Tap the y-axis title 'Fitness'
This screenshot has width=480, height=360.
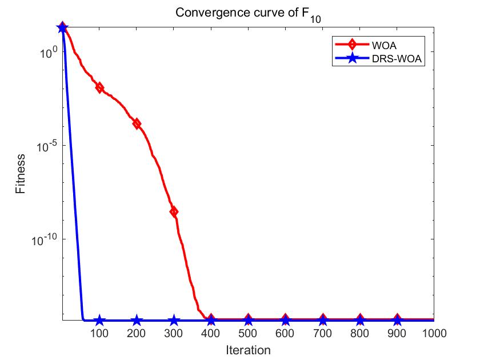click(x=21, y=173)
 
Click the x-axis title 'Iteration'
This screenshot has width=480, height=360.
click(x=247, y=349)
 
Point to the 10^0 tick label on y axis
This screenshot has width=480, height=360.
click(x=45, y=53)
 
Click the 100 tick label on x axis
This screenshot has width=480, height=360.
click(x=99, y=333)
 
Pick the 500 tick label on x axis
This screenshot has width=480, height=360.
click(x=248, y=333)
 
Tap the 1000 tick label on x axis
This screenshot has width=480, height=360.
click(x=433, y=333)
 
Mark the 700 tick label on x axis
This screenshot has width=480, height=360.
click(x=322, y=333)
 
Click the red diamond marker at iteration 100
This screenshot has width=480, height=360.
click(x=99, y=87)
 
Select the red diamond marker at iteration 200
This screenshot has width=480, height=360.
click(x=137, y=123)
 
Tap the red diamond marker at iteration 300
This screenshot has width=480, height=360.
click(x=174, y=211)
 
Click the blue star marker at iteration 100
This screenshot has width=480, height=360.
click(x=99, y=321)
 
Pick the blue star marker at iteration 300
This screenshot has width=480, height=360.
click(x=174, y=321)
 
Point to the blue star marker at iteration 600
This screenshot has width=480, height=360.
click(x=285, y=321)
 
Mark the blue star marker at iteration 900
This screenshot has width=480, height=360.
click(x=397, y=321)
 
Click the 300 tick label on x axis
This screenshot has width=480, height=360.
click(x=174, y=333)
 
